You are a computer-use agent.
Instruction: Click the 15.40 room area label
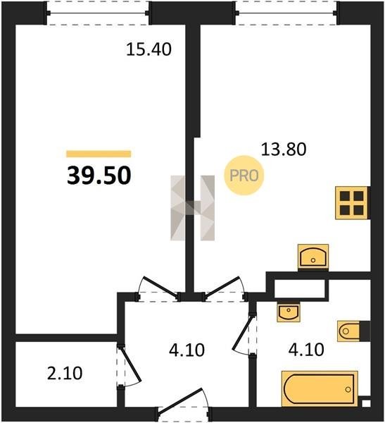pyautogui.click(x=149, y=49)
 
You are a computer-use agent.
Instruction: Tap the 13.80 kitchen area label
pyautogui.click(x=284, y=149)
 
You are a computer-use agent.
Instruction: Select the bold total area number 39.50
pyautogui.click(x=99, y=176)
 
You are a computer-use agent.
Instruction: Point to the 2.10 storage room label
pyautogui.click(x=65, y=374)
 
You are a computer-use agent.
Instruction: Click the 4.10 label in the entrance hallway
pyautogui.click(x=187, y=350)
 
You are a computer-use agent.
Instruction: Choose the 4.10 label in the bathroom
pyautogui.click(x=306, y=350)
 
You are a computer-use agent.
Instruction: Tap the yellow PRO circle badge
pyautogui.click(x=244, y=176)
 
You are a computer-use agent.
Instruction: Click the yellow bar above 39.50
pyautogui.click(x=99, y=154)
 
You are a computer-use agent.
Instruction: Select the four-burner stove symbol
pyautogui.click(x=352, y=203)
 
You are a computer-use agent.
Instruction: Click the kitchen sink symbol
pyautogui.click(x=313, y=257)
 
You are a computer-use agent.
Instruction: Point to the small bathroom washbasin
pyautogui.click(x=289, y=312)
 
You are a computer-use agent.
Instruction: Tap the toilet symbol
pyautogui.click(x=348, y=331)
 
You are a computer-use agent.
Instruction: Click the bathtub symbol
pyautogui.click(x=320, y=388)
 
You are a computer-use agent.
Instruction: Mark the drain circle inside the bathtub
pyautogui.click(x=348, y=390)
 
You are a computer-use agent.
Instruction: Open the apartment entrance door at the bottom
pyautogui.click(x=180, y=401)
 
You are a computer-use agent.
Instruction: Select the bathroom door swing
pyautogui.click(x=243, y=334)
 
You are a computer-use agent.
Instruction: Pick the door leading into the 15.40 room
pyautogui.click(x=159, y=288)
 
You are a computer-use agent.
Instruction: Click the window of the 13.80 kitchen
pyautogui.click(x=286, y=13)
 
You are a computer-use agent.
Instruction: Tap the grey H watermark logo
pyautogui.click(x=193, y=208)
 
